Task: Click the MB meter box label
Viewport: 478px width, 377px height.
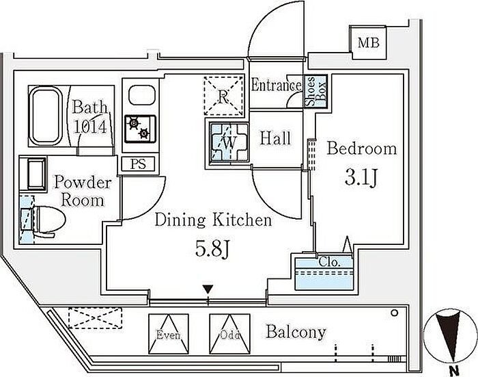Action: pos(369,42)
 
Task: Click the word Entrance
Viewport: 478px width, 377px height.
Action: pos(276,86)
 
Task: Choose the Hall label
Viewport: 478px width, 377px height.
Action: pos(275,138)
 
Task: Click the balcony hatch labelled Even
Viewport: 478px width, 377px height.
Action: pos(168,332)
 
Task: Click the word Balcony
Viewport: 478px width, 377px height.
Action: pos(296,333)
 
